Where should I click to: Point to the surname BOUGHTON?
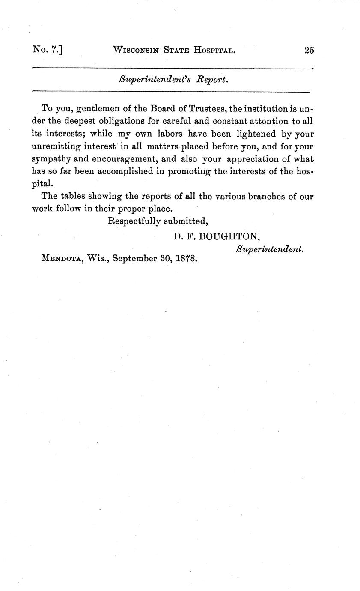point(227,236)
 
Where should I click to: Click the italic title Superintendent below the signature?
point(270,249)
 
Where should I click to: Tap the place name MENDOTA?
point(62,259)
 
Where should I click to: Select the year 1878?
point(186,259)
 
